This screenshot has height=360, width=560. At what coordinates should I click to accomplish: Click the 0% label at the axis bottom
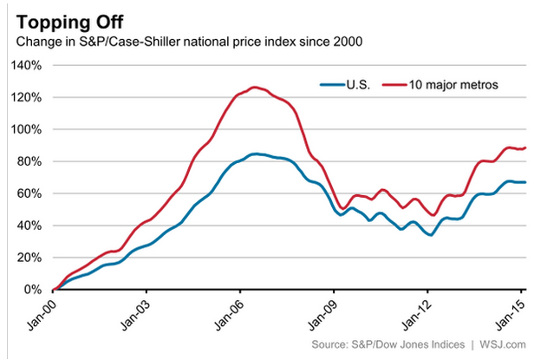point(36,290)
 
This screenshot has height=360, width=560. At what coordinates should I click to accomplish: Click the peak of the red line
point(252,87)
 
